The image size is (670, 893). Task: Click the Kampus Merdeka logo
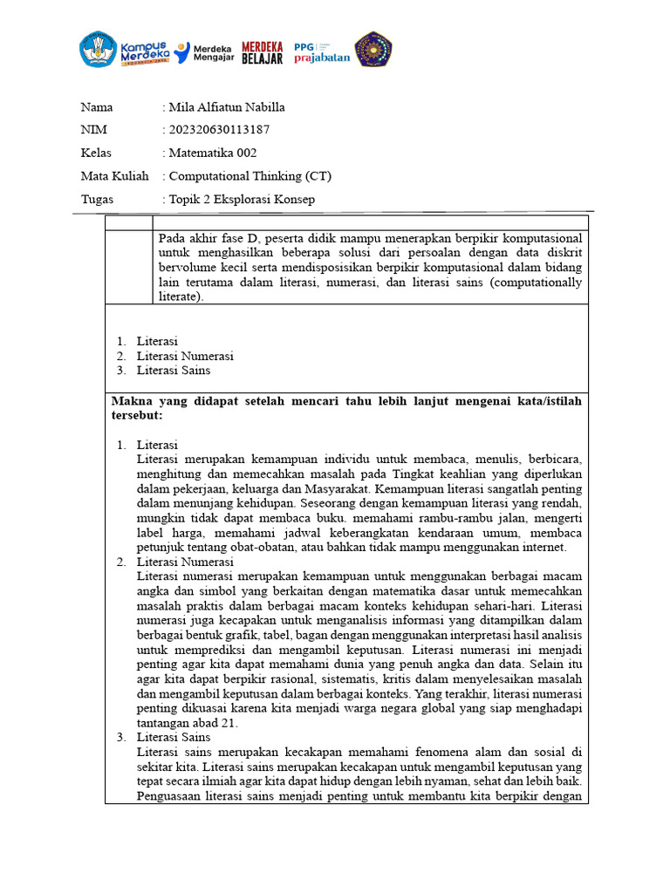tap(122, 50)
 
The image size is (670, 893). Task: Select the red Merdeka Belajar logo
tap(262, 52)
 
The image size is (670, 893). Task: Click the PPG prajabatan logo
tap(321, 52)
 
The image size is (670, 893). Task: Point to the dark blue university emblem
tap(373, 50)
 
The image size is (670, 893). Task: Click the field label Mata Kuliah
tap(115, 176)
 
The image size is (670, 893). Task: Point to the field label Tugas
tap(97, 200)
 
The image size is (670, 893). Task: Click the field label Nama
tap(97, 108)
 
